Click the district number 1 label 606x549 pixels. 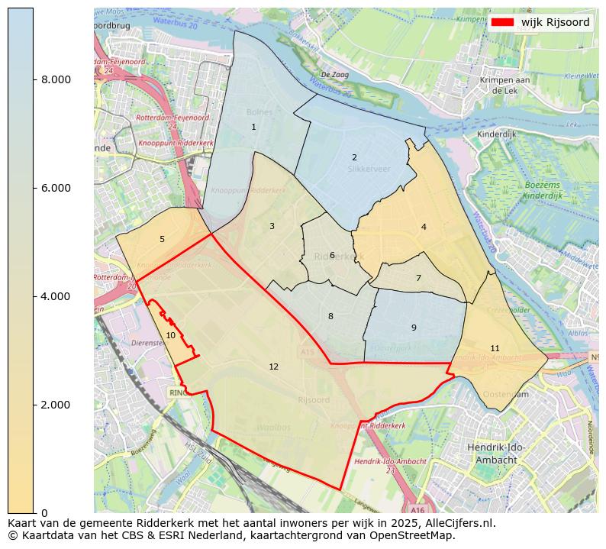253,128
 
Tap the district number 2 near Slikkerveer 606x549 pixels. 354,158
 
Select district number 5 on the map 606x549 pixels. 162,240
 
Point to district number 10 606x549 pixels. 170,335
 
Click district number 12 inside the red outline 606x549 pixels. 273,367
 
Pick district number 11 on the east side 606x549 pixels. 495,348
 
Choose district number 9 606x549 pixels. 414,328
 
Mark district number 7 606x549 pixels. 418,279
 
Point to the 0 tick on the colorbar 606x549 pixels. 44,512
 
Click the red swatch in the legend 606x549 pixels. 502,23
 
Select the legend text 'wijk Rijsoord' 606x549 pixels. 555,23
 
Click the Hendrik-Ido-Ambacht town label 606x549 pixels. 495,454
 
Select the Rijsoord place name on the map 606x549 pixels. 314,400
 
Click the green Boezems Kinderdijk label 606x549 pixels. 543,191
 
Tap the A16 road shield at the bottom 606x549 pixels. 417,509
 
